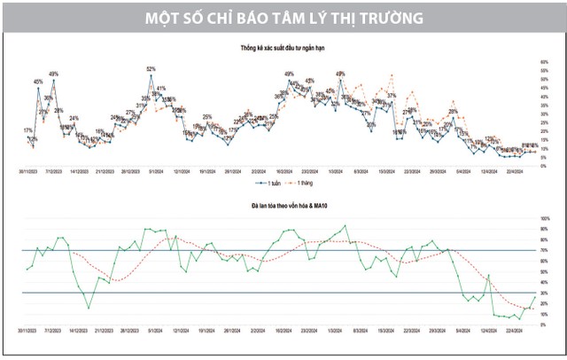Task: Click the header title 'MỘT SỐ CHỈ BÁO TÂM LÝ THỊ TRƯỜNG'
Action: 283,16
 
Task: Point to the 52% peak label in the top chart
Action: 151,68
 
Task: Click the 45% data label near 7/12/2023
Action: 38,82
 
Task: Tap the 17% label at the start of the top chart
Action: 28,131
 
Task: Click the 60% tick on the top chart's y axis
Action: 543,62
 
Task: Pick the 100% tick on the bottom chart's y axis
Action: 546,217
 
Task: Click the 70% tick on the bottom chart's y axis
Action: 545,249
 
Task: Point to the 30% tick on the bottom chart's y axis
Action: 545,293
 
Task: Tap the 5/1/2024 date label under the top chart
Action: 153,168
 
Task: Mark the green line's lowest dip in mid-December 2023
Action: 88,308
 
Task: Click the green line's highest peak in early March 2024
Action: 345,225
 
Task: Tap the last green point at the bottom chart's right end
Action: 535,293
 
